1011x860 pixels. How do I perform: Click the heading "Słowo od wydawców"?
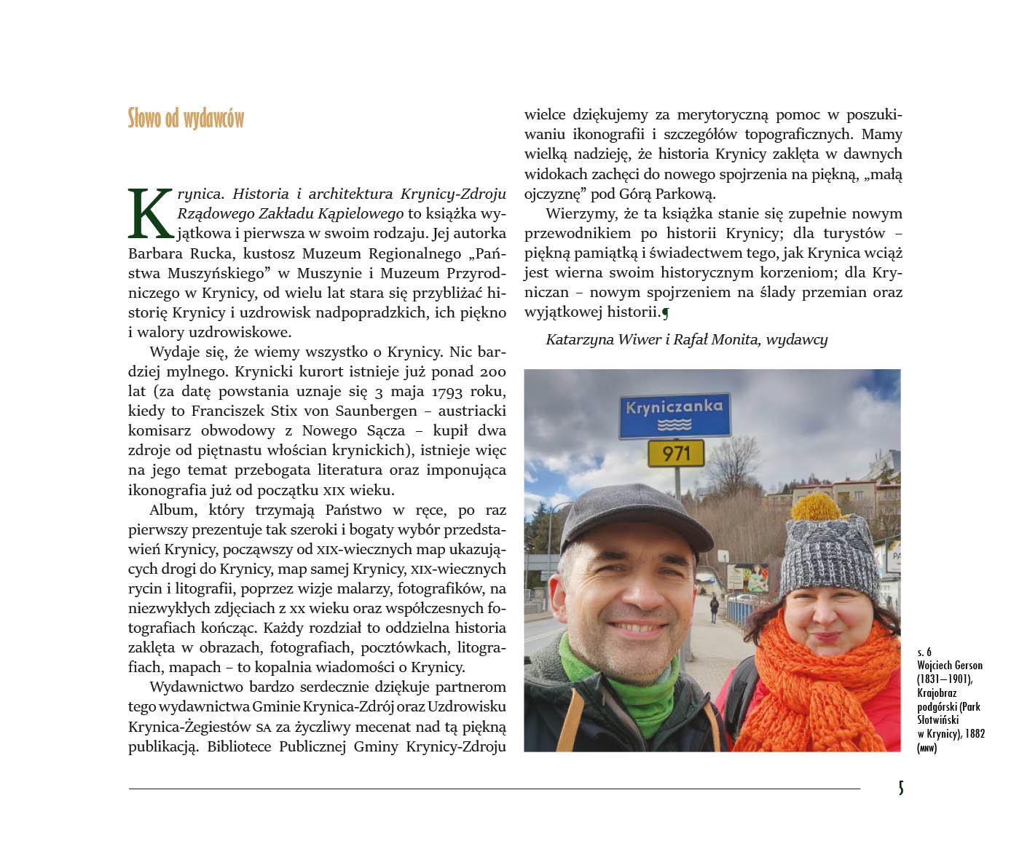[186, 119]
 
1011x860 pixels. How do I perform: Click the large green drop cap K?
[152, 213]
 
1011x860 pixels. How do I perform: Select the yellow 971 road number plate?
[676, 454]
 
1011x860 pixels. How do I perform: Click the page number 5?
[901, 788]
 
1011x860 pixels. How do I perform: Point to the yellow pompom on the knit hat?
[817, 507]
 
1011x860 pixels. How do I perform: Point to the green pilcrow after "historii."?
[665, 313]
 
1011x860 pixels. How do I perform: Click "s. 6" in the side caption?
[924, 652]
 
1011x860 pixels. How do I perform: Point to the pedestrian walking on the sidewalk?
[714, 609]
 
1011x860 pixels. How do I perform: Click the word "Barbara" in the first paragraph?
[154, 253]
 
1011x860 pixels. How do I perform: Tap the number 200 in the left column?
[492, 372]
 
